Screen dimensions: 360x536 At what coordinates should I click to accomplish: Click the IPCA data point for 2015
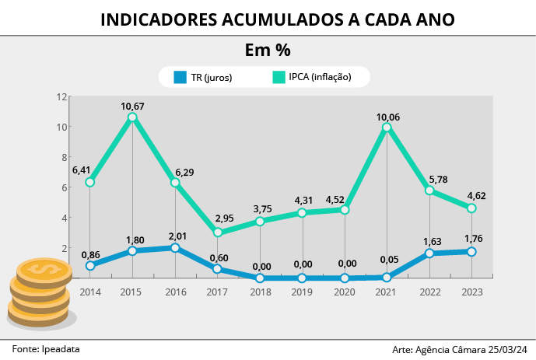(x=132, y=117)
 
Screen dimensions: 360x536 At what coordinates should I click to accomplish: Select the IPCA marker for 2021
(x=387, y=128)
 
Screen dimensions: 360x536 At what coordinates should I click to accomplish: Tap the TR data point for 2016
(x=175, y=248)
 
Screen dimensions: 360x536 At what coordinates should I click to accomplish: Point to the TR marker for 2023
(x=471, y=251)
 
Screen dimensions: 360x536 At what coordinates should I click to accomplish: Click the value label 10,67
(x=132, y=106)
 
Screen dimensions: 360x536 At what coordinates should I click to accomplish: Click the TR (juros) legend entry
(x=201, y=77)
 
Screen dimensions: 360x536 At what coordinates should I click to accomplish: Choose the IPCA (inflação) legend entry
(x=310, y=77)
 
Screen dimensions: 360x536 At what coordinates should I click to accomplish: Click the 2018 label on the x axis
(x=260, y=292)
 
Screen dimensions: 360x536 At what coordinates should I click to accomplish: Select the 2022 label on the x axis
(x=429, y=292)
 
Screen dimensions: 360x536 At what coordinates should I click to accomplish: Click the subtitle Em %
(x=268, y=51)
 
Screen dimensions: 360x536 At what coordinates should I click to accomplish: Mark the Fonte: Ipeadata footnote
(x=46, y=349)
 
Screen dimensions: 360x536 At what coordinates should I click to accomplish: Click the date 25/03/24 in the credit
(x=509, y=350)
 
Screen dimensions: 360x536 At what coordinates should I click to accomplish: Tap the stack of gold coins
(x=38, y=291)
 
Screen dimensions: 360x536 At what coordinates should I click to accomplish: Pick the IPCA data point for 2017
(x=218, y=232)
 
